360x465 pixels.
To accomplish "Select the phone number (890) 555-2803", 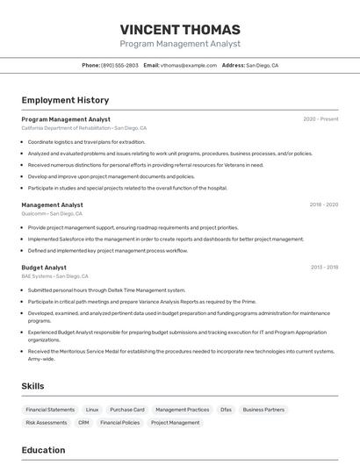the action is [119, 65].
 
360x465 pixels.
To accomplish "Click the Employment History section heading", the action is [65, 100].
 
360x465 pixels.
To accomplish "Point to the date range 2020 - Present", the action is [320, 118].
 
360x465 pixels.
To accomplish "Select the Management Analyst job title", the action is [52, 204].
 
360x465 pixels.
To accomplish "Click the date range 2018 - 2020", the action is [323, 204].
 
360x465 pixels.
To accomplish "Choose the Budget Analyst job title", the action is [44, 268].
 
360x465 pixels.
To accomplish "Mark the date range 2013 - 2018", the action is [324, 268].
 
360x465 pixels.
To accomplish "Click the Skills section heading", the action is [32, 385].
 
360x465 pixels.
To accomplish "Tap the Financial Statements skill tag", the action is [50, 410].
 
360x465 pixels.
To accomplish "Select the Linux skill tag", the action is [92, 410].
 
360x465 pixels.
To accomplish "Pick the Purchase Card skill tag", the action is [127, 410].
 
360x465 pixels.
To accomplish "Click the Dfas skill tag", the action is [226, 410].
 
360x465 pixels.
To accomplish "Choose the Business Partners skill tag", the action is [263, 410].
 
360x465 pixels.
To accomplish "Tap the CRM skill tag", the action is [83, 423].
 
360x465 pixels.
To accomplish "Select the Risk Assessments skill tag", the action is [47, 423].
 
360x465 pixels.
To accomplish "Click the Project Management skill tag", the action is [175, 423].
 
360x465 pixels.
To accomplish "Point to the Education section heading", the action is [43, 450].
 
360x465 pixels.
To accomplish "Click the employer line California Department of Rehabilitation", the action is [66, 128].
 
